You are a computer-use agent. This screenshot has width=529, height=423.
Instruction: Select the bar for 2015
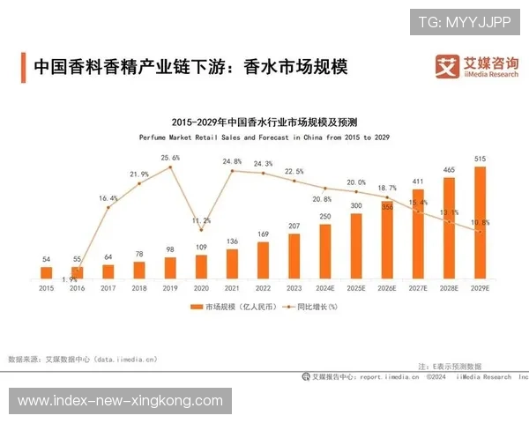pos(46,273)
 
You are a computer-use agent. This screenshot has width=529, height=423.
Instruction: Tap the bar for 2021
pos(232,263)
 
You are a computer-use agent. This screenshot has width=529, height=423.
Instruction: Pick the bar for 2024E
pos(325,251)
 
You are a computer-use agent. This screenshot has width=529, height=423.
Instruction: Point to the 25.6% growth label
pos(170,158)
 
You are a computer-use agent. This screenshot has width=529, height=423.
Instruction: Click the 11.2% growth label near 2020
pos(201,220)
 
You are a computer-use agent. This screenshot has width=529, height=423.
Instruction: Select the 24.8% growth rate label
pos(232,161)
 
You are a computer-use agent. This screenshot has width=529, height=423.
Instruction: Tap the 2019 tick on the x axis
pos(170,288)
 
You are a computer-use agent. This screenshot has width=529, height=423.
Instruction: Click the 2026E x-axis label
pos(387,288)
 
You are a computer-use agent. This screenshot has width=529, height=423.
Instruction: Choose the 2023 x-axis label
pos(294,288)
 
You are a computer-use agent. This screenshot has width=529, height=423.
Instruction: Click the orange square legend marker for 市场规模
pos(197,307)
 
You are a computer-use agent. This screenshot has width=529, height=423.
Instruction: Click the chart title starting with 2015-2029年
pos(264,122)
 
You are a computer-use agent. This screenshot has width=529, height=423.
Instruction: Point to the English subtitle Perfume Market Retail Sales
pos(264,137)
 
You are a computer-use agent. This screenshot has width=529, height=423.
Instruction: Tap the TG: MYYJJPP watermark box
pos(465,20)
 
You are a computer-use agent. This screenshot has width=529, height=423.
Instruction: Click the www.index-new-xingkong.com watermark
pos(120,401)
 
